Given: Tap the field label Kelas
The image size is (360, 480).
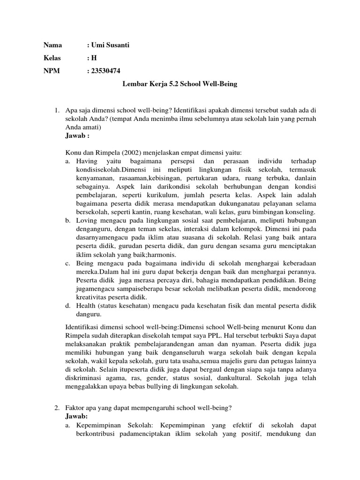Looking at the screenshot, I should [52, 59].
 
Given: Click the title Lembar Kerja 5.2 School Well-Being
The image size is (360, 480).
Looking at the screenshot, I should [180, 84].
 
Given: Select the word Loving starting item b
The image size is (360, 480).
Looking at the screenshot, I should [87, 220].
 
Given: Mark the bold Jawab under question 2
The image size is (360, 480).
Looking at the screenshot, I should [76, 416].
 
